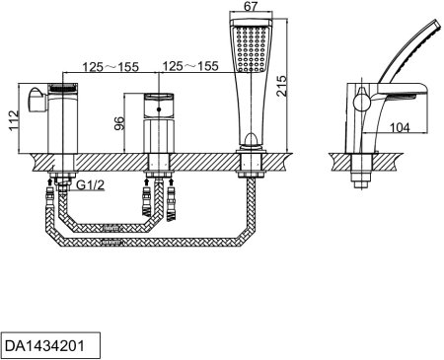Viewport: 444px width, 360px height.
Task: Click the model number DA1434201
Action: click(44, 345)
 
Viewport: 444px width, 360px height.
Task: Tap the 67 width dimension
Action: click(251, 7)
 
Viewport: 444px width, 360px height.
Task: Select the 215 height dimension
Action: click(281, 86)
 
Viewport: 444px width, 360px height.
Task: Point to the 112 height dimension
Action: click(13, 120)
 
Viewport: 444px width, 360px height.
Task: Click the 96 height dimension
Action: click(119, 123)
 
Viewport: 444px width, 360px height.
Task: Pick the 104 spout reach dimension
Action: click(400, 127)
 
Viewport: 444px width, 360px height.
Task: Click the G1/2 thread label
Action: click(90, 185)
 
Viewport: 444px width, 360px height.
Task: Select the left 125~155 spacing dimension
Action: click(111, 67)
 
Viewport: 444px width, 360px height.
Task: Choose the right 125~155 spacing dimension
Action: click(190, 66)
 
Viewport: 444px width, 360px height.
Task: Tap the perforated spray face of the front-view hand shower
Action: click(251, 48)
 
